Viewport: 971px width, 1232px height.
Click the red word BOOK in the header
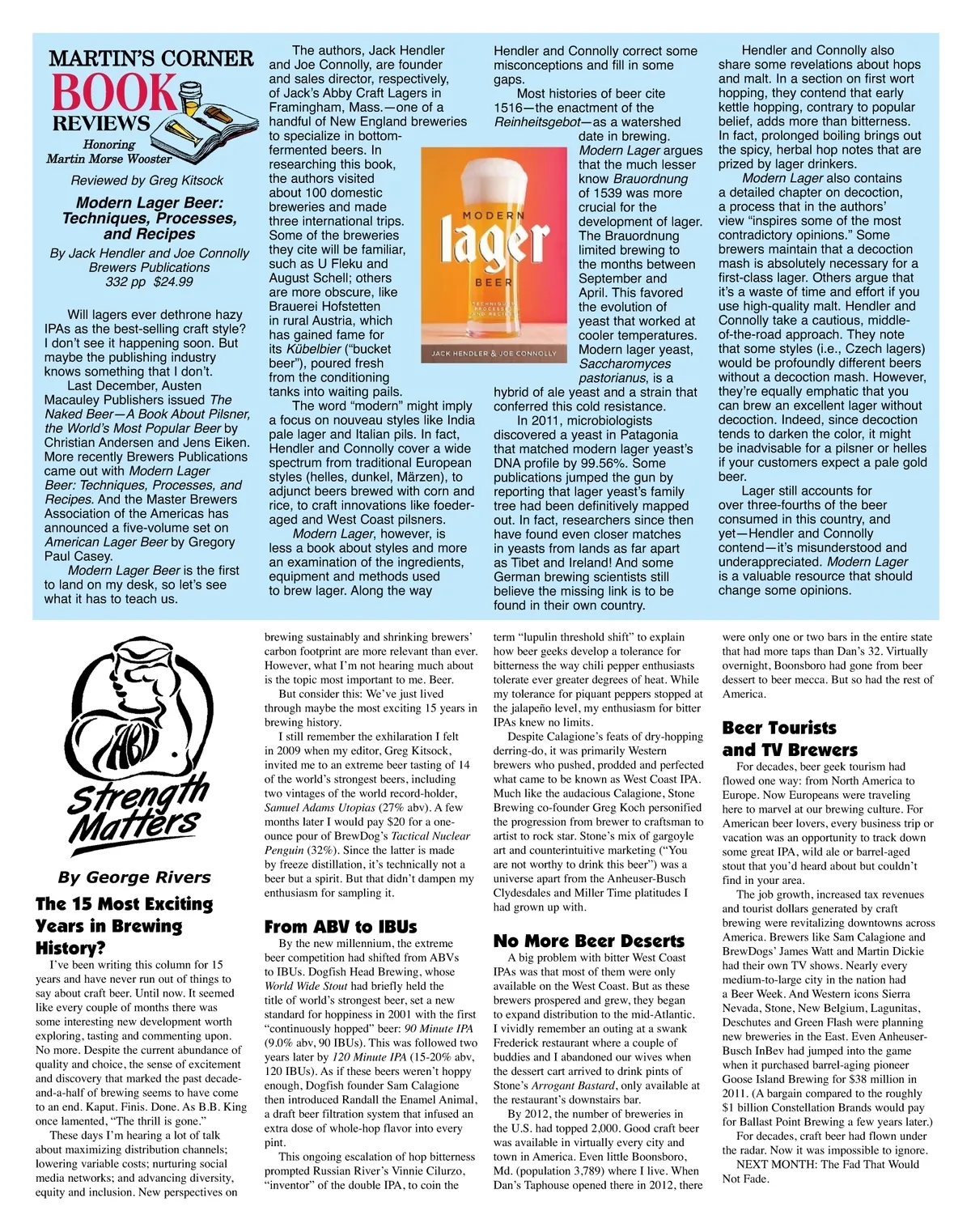click(113, 93)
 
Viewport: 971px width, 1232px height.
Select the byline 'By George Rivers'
click(134, 877)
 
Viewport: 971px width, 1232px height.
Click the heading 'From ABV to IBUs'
click(341, 927)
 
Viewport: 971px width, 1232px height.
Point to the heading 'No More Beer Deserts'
click(589, 941)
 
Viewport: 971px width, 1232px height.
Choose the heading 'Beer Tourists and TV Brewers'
click(778, 739)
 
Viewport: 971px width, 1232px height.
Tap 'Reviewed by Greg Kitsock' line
click(146, 181)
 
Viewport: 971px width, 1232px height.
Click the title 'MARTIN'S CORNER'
click(151, 58)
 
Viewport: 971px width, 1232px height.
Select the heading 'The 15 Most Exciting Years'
click(124, 925)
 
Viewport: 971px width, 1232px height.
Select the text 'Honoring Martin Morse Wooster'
click(108, 152)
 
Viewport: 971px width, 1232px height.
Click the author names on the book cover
click(494, 354)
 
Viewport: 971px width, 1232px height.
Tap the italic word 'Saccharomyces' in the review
click(625, 363)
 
